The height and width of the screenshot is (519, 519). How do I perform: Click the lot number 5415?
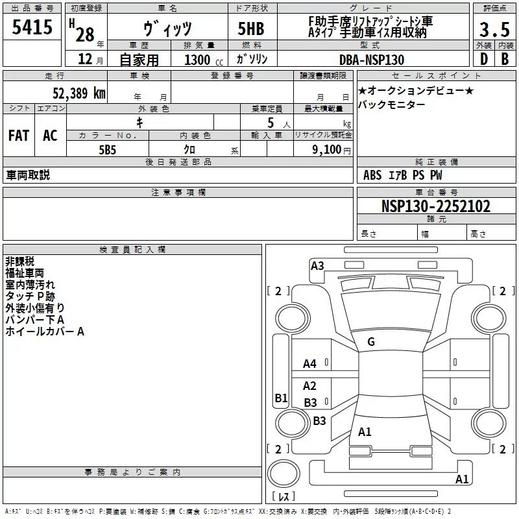pyautogui.click(x=32, y=27)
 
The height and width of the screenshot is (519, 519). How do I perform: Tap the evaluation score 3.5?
pyautogui.click(x=494, y=30)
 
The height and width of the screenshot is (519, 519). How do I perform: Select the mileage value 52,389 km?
pyautogui.click(x=79, y=93)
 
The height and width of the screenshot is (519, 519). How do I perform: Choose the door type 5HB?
pyautogui.click(x=251, y=29)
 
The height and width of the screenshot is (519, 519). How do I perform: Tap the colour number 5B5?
pyautogui.click(x=107, y=149)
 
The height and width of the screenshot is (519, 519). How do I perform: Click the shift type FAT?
pyautogui.click(x=19, y=135)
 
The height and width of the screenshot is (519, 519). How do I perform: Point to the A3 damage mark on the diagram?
pyautogui.click(x=317, y=265)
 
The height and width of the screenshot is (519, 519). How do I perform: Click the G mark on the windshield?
pyautogui.click(x=371, y=342)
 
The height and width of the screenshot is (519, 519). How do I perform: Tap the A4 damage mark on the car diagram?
pyautogui.click(x=310, y=364)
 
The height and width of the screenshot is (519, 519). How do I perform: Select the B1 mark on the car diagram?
pyautogui.click(x=281, y=398)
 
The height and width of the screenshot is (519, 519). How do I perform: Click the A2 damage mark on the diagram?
pyautogui.click(x=310, y=386)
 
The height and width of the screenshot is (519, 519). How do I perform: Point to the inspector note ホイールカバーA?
pyautogui.click(x=45, y=332)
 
